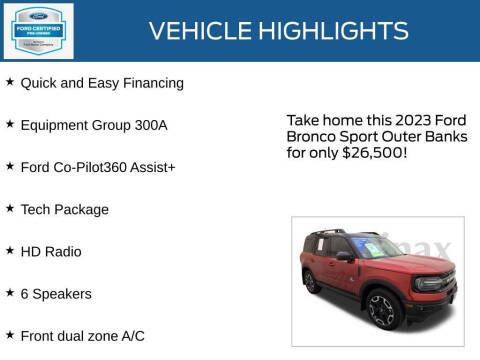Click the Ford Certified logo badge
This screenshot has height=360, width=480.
tap(38, 30)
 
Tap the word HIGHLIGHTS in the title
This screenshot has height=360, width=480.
tap(329, 31)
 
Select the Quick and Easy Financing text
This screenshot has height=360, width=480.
tap(102, 83)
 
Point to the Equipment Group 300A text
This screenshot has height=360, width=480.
tap(94, 125)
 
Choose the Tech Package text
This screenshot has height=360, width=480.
tap(65, 209)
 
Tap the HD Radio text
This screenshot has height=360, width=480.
tap(51, 251)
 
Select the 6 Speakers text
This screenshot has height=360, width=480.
tap(56, 293)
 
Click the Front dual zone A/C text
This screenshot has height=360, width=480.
tap(83, 335)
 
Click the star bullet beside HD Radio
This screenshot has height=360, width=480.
tap(10, 250)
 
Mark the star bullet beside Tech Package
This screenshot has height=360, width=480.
tap(10, 208)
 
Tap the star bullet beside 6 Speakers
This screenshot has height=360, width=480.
tap(10, 292)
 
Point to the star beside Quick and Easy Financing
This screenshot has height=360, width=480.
tap(10, 82)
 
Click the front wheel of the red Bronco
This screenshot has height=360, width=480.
tap(383, 310)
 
